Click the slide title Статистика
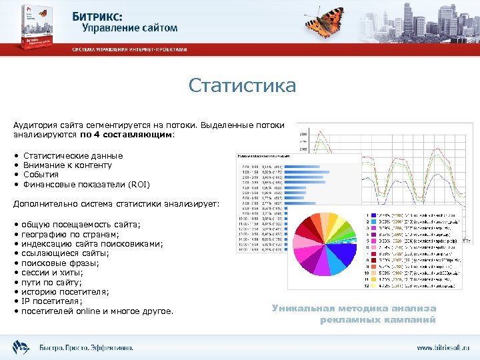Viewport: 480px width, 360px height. [x=242, y=86]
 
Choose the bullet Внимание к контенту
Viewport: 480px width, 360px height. [x=67, y=165]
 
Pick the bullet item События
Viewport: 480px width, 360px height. [x=41, y=174]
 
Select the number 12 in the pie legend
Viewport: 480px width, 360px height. [x=366, y=285]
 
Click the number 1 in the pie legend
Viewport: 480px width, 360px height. [x=367, y=215]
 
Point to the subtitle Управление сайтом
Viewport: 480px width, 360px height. [x=130, y=28]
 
